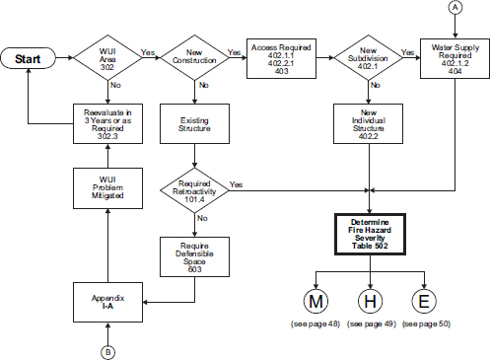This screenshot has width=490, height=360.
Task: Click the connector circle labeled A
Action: (455, 9)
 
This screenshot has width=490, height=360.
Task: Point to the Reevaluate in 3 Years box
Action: (107, 122)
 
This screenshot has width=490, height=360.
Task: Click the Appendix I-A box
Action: (107, 300)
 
